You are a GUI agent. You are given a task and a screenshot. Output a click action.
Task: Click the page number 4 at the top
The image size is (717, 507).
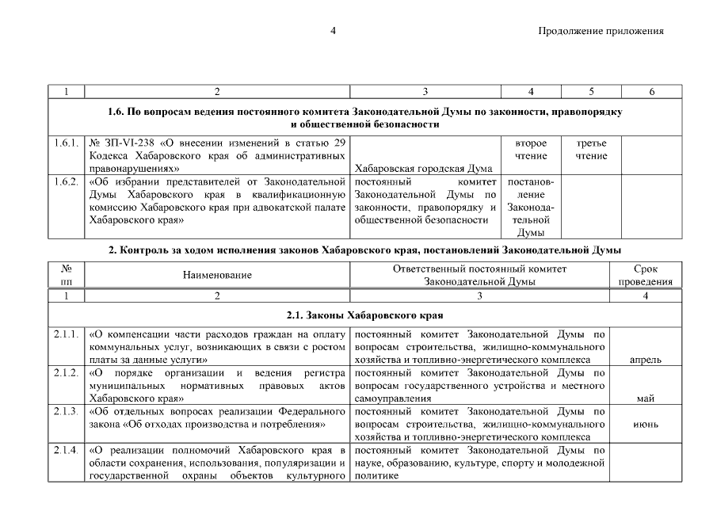[x=334, y=31]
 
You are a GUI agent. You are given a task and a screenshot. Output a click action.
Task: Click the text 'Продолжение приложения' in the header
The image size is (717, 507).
[x=600, y=31]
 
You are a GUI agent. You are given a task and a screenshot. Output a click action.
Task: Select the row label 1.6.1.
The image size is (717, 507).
[x=65, y=143]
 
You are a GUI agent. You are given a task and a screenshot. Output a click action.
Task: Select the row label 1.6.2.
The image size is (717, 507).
[x=65, y=182]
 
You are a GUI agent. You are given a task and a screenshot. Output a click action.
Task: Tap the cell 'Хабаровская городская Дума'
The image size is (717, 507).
[x=425, y=168]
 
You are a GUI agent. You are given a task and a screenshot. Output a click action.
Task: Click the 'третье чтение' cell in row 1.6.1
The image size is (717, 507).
[x=591, y=149]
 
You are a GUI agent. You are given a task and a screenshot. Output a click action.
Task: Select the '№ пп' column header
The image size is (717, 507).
[x=66, y=275]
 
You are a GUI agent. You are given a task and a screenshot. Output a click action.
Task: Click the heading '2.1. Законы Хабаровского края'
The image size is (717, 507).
[x=364, y=314]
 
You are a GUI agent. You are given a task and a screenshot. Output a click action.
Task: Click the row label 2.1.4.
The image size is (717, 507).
[x=65, y=451]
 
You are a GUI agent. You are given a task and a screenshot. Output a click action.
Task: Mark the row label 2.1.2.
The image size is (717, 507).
[x=65, y=372]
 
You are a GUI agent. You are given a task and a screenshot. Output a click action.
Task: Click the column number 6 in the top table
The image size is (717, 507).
[x=650, y=92]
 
